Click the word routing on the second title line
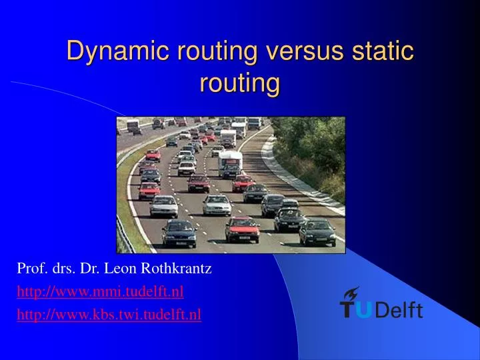240,84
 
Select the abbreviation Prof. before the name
30,269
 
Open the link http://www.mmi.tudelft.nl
100,291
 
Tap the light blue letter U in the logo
367,309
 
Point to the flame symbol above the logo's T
351,293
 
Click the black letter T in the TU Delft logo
349,310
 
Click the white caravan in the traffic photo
230,161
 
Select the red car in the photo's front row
241,229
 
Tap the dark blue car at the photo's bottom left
179,233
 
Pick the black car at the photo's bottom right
317,231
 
